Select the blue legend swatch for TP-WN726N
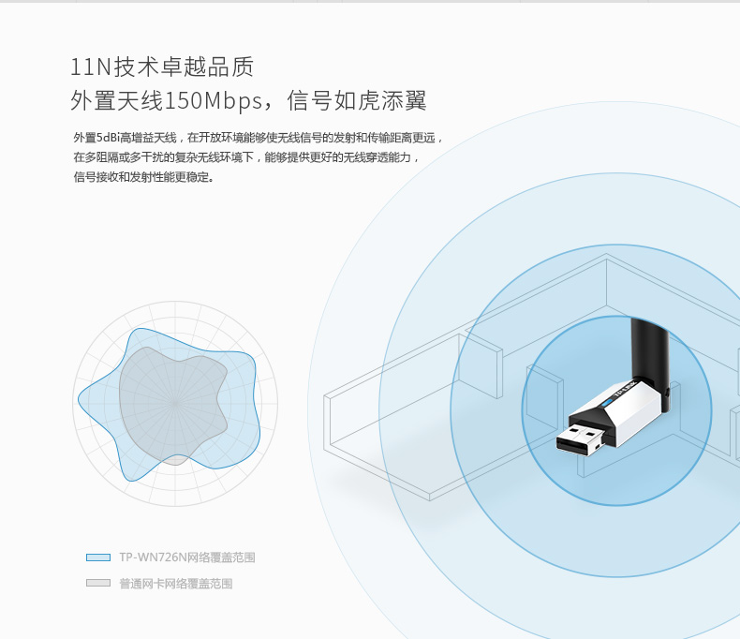click(98, 557)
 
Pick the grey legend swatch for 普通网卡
click(98, 583)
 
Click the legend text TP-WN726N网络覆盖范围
click(187, 557)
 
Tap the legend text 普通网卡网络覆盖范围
click(176, 584)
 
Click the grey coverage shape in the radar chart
click(173, 394)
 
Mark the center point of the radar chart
click(174, 403)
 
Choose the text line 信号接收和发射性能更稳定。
click(143, 176)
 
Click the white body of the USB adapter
click(637, 412)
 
